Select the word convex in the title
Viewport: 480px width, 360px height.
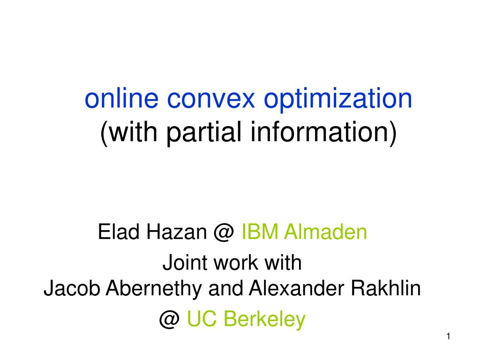coord(211,99)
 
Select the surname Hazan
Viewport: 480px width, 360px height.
coord(177,232)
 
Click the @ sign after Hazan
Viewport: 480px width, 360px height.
coord(224,232)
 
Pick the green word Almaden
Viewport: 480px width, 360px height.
coord(325,232)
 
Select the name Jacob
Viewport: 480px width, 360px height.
coord(72,288)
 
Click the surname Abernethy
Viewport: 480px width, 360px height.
coord(154,289)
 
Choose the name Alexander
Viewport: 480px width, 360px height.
coord(297,288)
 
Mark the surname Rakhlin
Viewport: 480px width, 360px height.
coord(386,288)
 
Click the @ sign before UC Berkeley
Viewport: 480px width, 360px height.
coord(169,320)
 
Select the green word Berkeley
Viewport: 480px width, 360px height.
coord(264,320)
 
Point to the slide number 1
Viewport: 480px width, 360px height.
coord(448,337)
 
